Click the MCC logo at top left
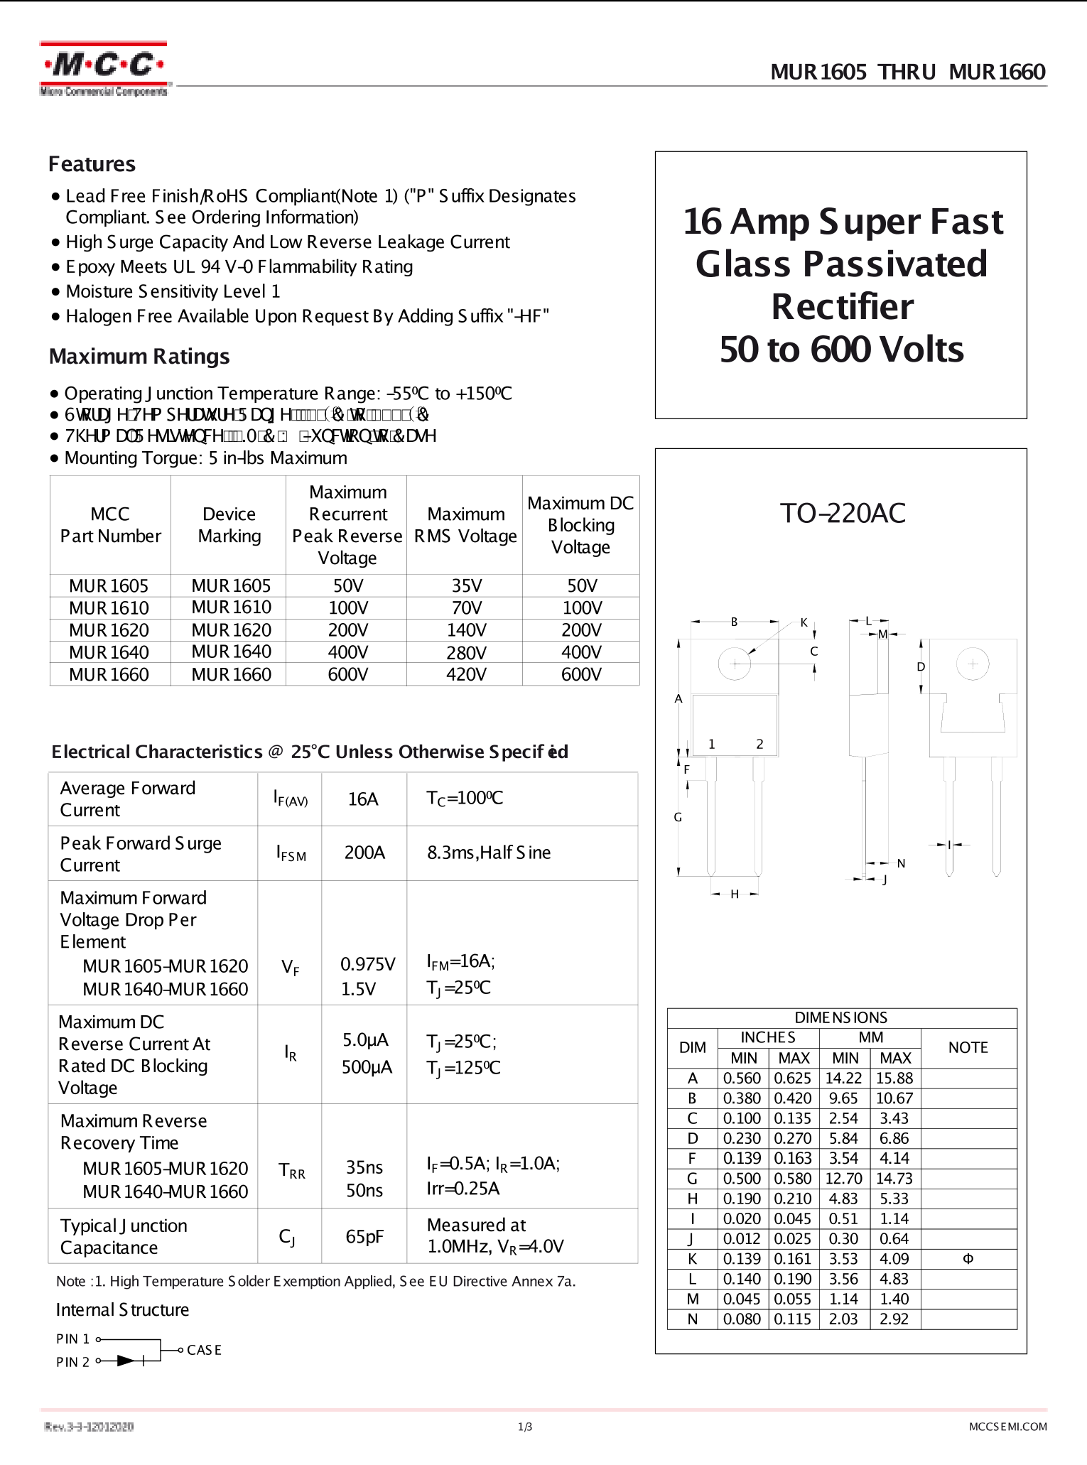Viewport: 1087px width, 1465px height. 104,67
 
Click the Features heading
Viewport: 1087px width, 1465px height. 92,164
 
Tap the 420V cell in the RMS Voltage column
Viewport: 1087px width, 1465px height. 466,674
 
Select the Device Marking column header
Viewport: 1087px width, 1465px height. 229,525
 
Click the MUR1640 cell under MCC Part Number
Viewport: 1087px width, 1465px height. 109,652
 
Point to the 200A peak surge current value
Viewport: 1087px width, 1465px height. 364,853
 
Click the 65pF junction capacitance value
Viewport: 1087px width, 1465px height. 364,1236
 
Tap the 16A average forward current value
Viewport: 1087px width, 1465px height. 362,799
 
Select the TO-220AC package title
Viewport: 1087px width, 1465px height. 843,513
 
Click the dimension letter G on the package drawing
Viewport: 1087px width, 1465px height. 678,817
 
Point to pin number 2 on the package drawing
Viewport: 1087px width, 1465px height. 759,744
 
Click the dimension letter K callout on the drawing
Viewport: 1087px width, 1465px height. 804,622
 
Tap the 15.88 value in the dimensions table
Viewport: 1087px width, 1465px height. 894,1078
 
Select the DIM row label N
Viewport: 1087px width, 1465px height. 692,1319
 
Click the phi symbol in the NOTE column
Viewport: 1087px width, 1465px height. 968,1259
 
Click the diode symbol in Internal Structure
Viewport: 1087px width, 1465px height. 126,1361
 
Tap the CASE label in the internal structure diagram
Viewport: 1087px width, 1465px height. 204,1350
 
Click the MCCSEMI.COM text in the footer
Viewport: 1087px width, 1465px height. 1007,1427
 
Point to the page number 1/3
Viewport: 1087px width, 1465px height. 525,1427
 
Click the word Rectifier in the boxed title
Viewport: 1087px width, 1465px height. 843,307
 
